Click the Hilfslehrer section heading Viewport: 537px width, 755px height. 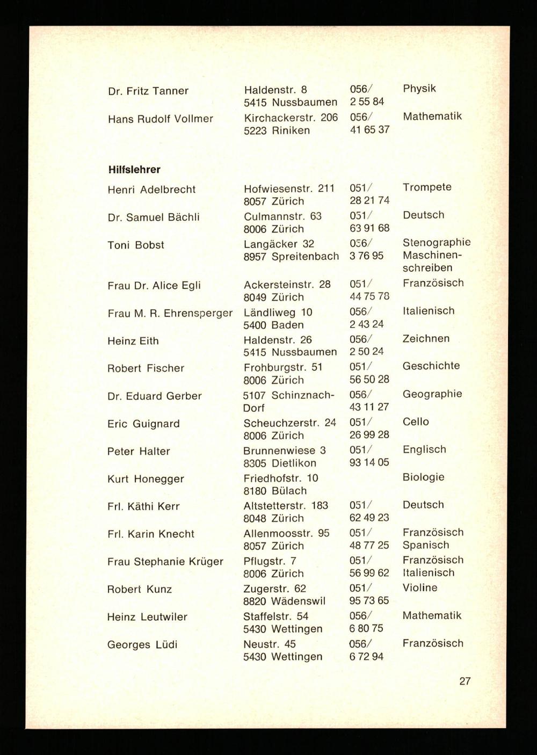[x=134, y=170]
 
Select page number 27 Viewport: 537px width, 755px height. [x=465, y=681]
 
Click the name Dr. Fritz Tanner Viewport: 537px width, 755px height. [x=148, y=91]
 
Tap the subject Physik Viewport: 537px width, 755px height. [x=419, y=89]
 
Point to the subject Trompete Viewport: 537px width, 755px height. [x=427, y=187]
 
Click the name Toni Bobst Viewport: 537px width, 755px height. [x=136, y=245]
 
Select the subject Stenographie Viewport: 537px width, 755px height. [x=436, y=243]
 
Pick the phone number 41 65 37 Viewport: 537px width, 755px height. [x=369, y=130]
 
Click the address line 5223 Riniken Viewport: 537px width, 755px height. [x=277, y=130]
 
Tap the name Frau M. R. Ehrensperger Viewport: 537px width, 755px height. [x=170, y=313]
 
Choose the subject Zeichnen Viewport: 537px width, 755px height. [x=426, y=338]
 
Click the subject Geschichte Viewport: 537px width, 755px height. [x=431, y=366]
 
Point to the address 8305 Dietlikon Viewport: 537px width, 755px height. [x=280, y=463]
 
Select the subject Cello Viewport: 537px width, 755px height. [x=416, y=422]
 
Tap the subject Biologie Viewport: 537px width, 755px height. [x=423, y=477]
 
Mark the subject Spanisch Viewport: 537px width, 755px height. [x=425, y=545]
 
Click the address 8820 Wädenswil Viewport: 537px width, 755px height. [x=284, y=601]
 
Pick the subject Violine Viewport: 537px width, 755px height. [x=419, y=588]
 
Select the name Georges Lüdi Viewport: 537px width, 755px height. [x=142, y=644]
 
